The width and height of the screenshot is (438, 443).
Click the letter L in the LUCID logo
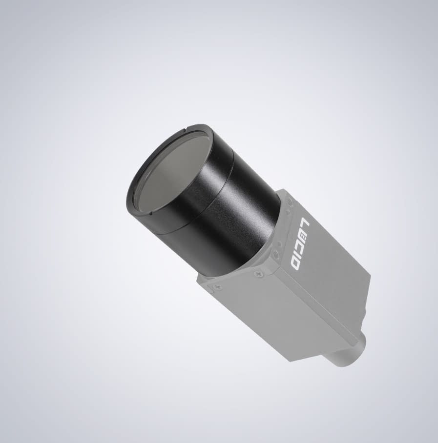306,223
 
